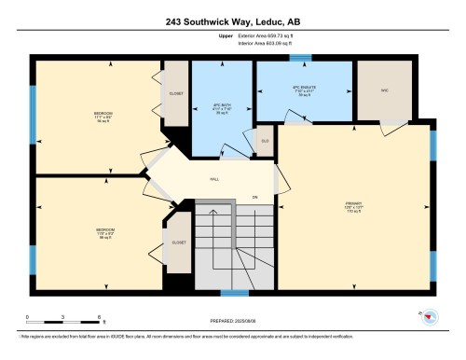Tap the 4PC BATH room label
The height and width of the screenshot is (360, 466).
click(221, 104)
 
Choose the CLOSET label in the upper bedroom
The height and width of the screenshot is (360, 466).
click(176, 94)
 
